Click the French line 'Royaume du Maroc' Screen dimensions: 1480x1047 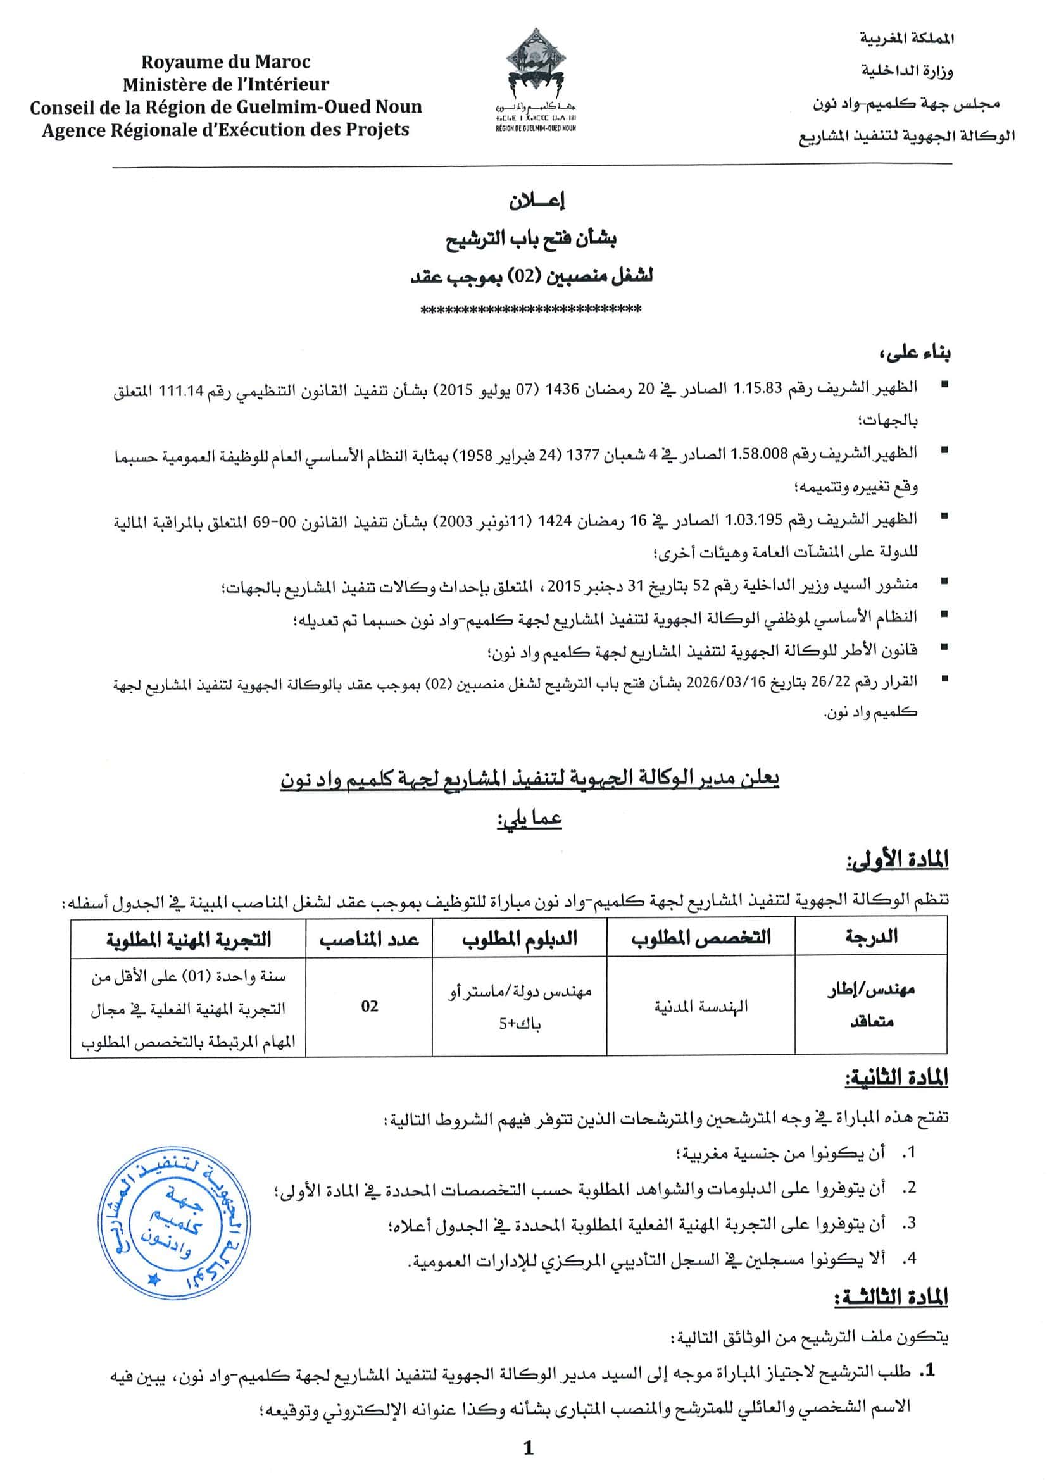click(x=225, y=62)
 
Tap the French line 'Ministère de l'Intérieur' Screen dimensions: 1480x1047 click(x=225, y=84)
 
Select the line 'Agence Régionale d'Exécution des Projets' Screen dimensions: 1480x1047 click(x=225, y=130)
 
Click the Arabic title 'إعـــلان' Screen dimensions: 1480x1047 click(x=536, y=202)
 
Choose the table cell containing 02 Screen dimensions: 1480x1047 click(x=370, y=1006)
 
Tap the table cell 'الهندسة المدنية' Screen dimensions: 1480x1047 click(x=701, y=1006)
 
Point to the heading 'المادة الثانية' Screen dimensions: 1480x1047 click(x=897, y=1078)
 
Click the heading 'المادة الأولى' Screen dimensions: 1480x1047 click(x=897, y=861)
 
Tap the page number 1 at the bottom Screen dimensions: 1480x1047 click(x=529, y=1448)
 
